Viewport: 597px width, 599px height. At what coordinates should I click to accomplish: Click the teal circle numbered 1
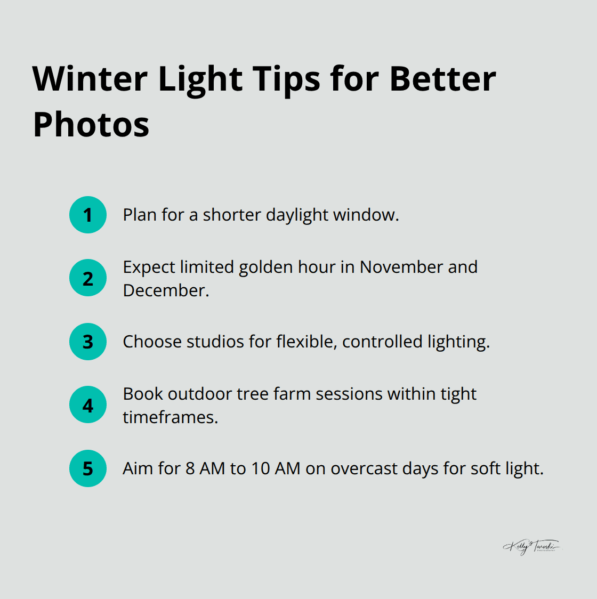[x=88, y=215]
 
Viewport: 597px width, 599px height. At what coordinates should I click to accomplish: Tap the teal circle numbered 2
[x=88, y=278]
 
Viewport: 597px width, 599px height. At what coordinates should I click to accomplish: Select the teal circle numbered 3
[x=88, y=342]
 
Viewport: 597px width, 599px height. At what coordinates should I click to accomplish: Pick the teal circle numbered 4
[x=88, y=405]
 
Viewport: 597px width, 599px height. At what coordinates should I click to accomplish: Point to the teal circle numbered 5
[x=88, y=468]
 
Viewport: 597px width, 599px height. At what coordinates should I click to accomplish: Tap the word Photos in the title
[x=91, y=125]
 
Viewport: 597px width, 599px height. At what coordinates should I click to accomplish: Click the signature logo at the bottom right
[x=531, y=547]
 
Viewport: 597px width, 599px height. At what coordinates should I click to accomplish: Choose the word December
[x=165, y=290]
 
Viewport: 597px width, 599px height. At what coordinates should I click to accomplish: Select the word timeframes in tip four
[x=170, y=417]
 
